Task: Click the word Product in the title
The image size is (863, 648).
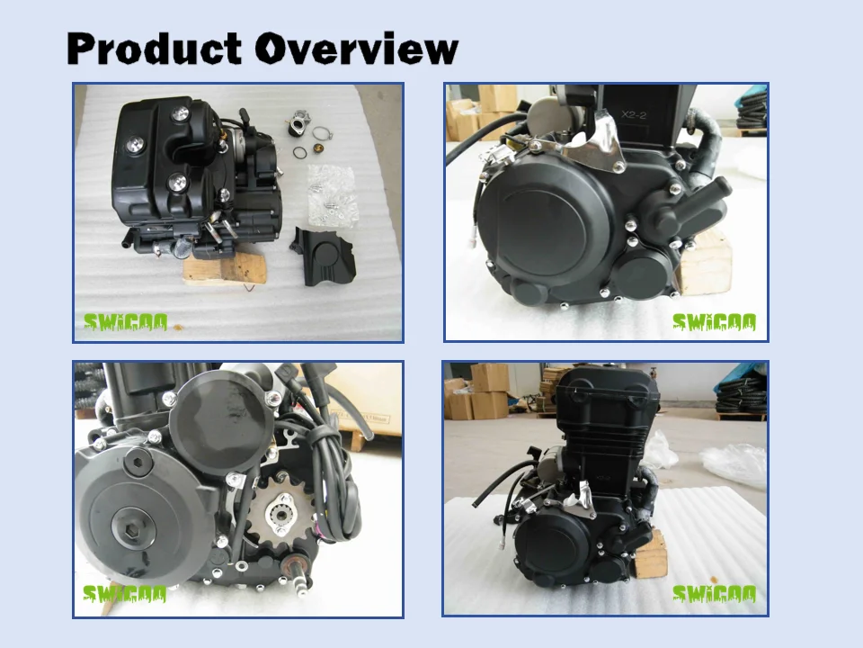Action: click(156, 49)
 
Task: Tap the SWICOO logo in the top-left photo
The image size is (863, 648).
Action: click(125, 322)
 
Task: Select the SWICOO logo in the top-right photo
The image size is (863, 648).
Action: click(715, 322)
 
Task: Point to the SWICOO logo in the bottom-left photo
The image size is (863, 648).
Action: click(125, 594)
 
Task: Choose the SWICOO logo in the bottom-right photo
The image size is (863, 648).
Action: click(715, 594)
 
